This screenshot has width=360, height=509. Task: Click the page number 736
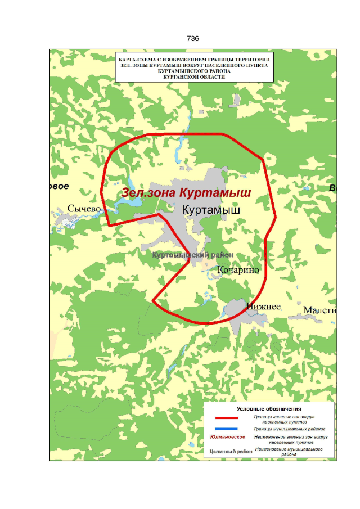pyautogui.click(x=192, y=39)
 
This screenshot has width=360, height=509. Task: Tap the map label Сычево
pyautogui.click(x=84, y=209)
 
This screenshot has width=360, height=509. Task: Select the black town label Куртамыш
pyautogui.click(x=211, y=209)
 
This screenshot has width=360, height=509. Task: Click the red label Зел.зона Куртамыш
pyautogui.click(x=186, y=193)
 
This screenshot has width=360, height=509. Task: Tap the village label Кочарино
pyautogui.click(x=238, y=270)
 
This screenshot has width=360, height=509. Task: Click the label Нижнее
pyautogui.click(x=263, y=307)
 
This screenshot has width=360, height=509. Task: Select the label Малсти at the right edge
pyautogui.click(x=319, y=310)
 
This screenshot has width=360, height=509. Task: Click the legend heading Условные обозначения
pyautogui.click(x=269, y=408)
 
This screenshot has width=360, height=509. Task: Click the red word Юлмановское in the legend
pyautogui.click(x=227, y=438)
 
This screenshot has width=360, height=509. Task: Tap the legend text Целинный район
pyautogui.click(x=227, y=451)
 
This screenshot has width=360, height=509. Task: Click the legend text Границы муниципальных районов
pyautogui.click(x=289, y=429)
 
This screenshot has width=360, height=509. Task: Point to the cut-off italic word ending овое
pyautogui.click(x=58, y=186)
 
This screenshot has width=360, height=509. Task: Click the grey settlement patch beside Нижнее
pyautogui.click(x=236, y=311)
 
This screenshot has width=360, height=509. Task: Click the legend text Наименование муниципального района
pyautogui.click(x=289, y=452)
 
